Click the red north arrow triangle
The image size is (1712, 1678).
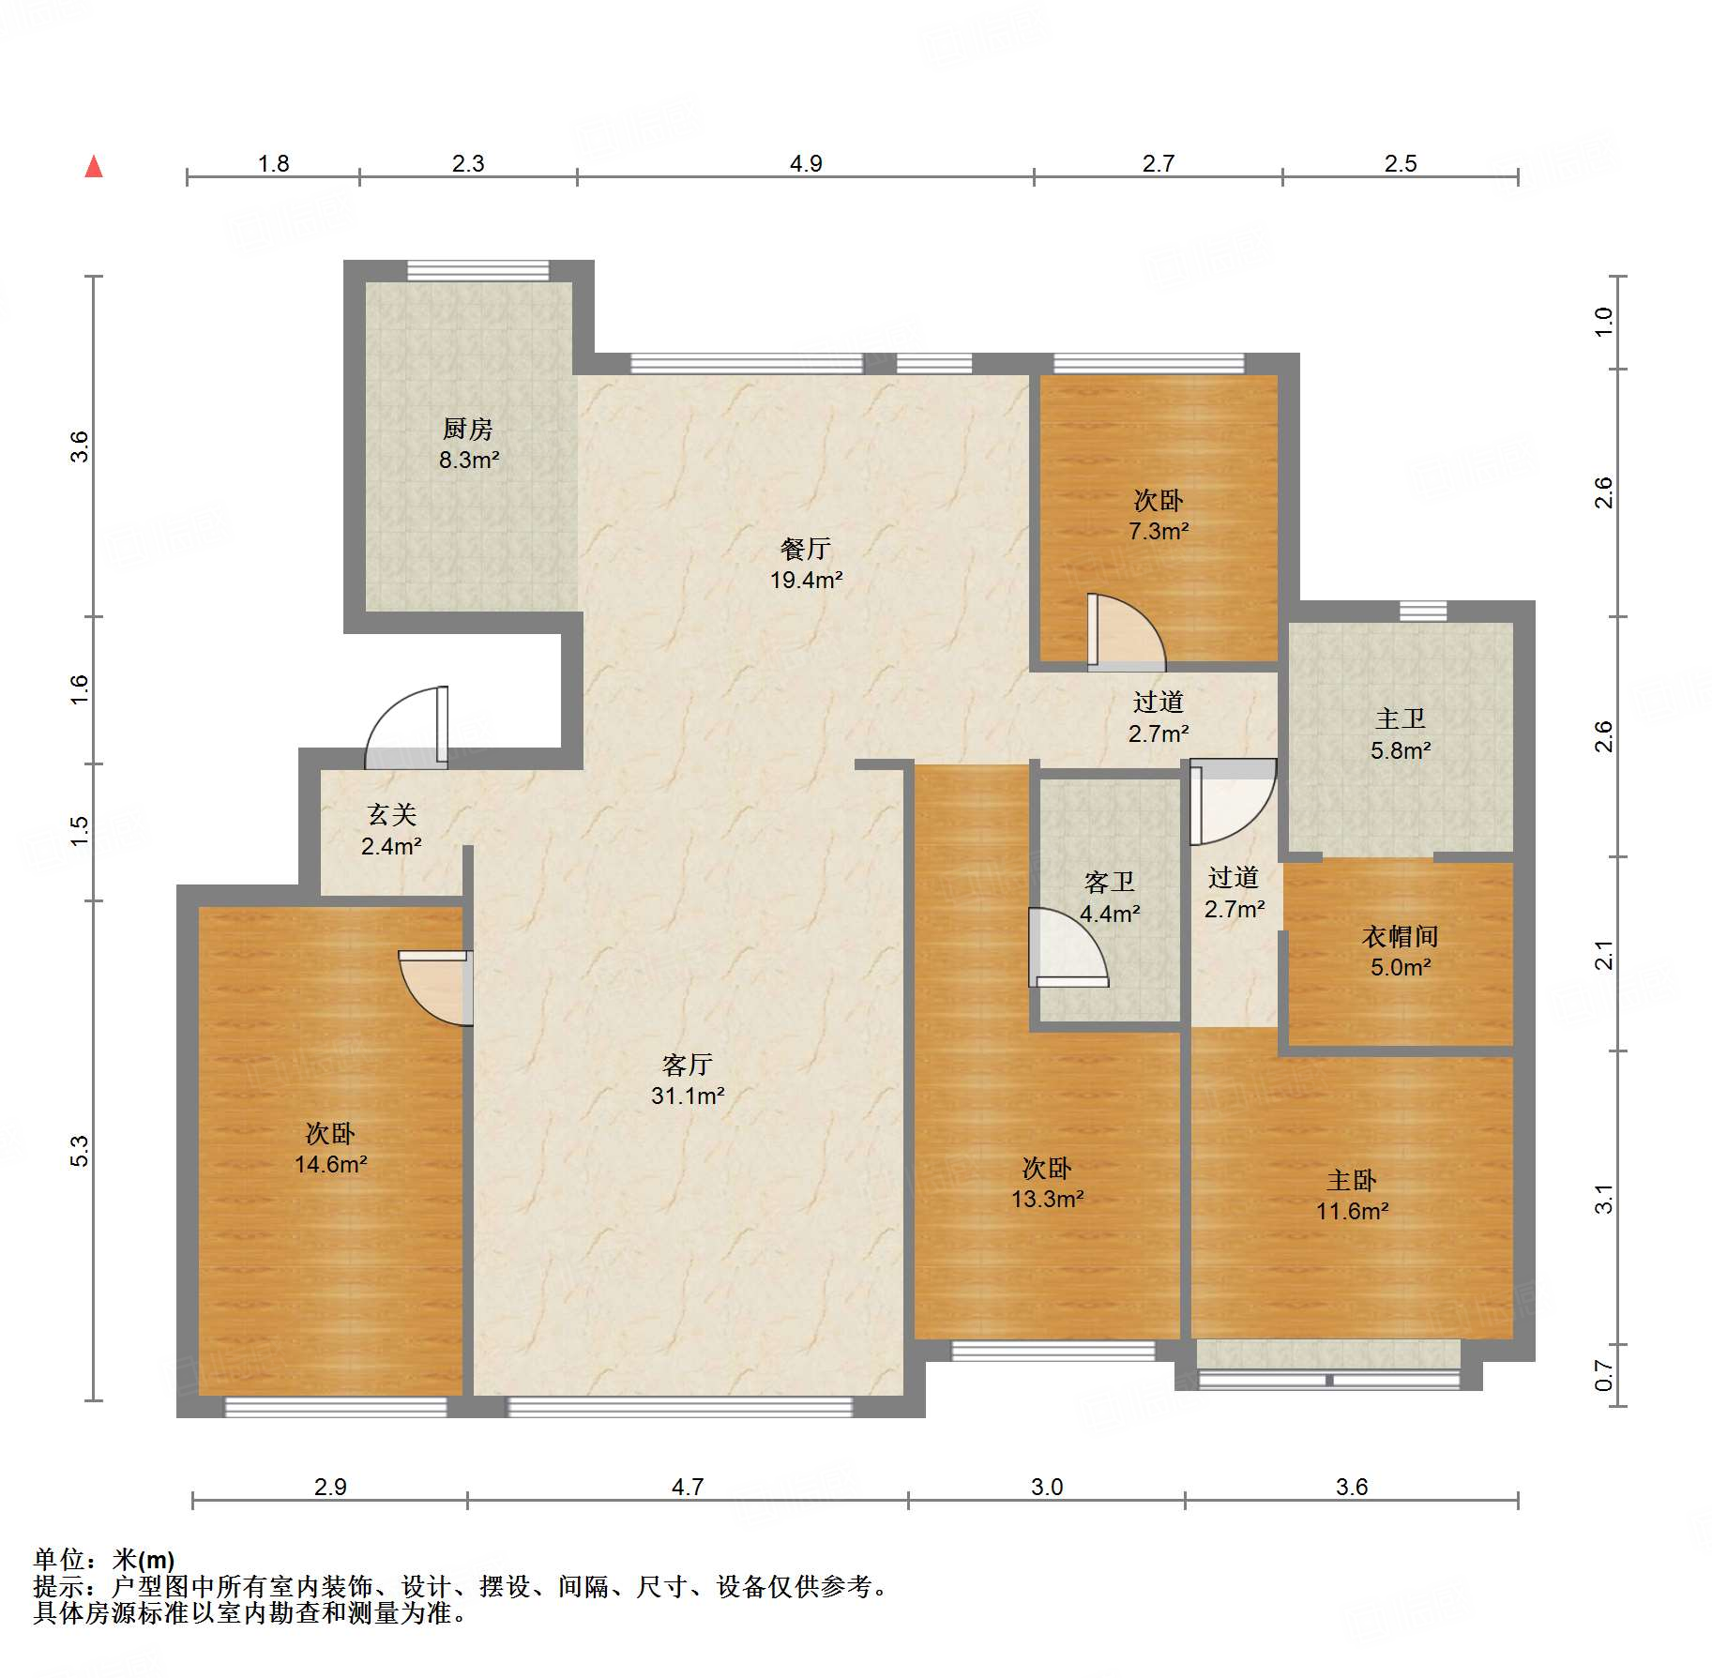(94, 167)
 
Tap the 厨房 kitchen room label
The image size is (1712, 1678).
(468, 429)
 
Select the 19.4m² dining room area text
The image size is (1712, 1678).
(806, 580)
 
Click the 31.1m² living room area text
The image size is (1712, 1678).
(688, 1096)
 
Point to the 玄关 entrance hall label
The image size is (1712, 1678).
(391, 815)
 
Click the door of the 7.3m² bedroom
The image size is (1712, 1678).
(1126, 632)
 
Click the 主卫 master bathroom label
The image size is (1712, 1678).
(1401, 719)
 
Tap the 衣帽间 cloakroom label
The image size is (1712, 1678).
(1400, 936)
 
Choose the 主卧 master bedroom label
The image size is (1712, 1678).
(1352, 1180)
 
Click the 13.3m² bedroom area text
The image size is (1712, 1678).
(1047, 1199)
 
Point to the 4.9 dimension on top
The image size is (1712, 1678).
(806, 164)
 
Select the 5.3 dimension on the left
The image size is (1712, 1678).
(81, 1151)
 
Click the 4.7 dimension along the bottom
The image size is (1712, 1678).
(688, 1487)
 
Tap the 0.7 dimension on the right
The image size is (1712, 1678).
(1604, 1376)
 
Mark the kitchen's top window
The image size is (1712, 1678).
(478, 270)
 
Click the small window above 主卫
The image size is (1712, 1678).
(1423, 611)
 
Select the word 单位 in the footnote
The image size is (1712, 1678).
(59, 1560)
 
